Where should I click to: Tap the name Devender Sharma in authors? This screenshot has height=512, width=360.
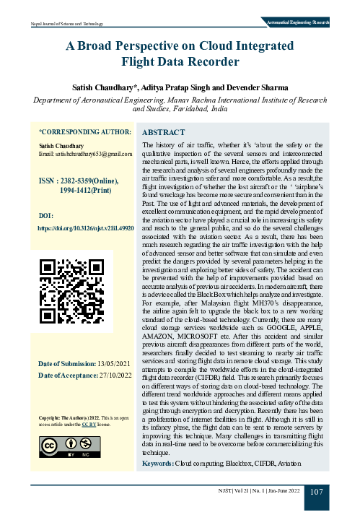(x=253, y=87)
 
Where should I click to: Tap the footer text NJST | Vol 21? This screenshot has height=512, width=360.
(x=236, y=492)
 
